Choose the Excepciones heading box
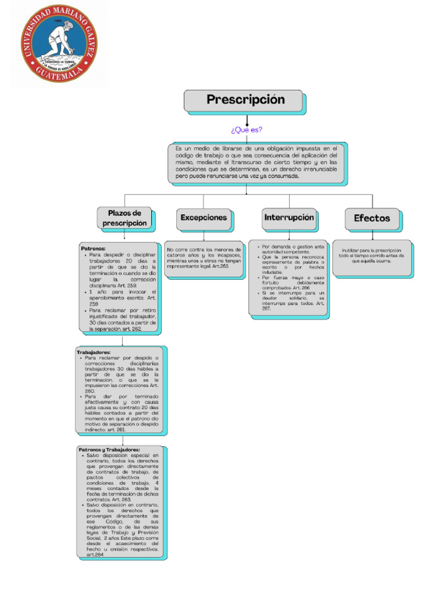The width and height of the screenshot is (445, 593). pyautogui.click(x=203, y=218)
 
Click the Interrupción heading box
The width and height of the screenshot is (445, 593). pyautogui.click(x=289, y=218)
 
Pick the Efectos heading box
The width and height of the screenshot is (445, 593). pyautogui.click(x=372, y=218)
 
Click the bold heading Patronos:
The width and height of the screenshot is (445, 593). pyautogui.click(x=93, y=248)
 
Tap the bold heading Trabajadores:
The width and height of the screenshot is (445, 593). pyautogui.click(x=93, y=352)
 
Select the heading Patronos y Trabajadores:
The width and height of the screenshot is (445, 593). pyautogui.click(x=109, y=449)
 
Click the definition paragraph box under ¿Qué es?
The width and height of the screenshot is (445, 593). pyautogui.click(x=257, y=163)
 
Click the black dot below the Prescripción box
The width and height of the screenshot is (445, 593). pyautogui.click(x=247, y=124)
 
